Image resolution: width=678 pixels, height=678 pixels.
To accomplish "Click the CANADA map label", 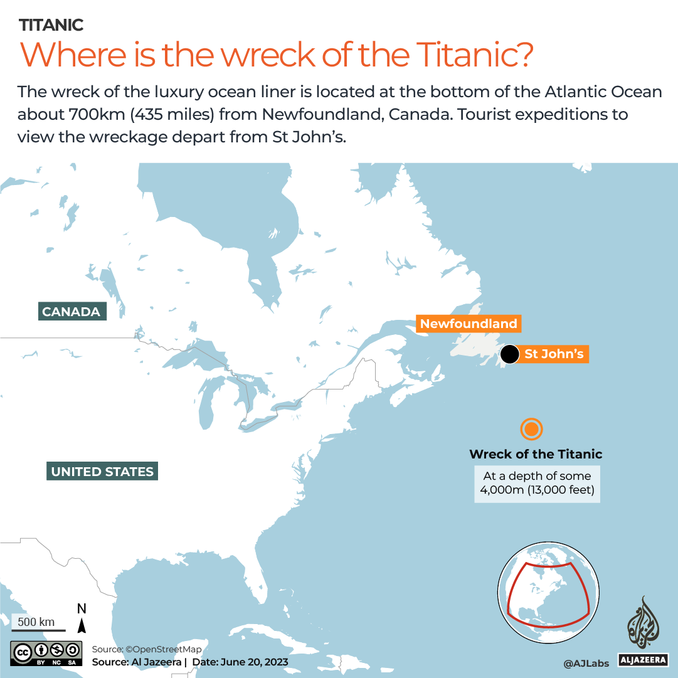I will tap(72, 311).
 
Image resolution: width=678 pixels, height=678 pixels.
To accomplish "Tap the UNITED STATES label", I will tap(102, 472).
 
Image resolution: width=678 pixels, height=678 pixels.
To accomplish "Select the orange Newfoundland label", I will tap(469, 324).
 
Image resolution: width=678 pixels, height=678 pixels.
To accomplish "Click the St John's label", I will tap(554, 354).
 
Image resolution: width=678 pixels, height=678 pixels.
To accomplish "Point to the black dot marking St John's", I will tap(510, 354).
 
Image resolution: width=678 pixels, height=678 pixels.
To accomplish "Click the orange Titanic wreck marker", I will tap(531, 430).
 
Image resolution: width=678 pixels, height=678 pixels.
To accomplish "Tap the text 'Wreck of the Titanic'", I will tap(536, 454).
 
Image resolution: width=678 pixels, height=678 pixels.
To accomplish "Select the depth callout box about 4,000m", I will tap(537, 484).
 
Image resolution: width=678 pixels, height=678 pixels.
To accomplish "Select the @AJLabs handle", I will tap(586, 663).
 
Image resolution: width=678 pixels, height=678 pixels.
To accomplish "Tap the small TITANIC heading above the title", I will tap(51, 25).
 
